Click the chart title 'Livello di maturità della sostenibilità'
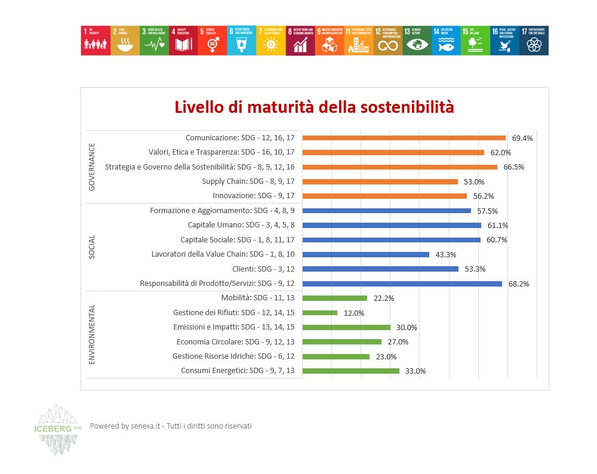click(314, 107)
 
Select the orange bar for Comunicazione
click(404, 138)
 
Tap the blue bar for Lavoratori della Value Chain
click(366, 254)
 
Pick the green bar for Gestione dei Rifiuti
click(320, 313)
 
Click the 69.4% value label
click(522, 138)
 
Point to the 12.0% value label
click(354, 313)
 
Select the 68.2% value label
click(519, 284)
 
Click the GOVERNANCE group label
click(92, 167)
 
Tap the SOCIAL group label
click(92, 247)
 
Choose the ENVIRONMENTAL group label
click(92, 334)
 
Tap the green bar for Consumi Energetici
click(351, 371)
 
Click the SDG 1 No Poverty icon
click(96, 41)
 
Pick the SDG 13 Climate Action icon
click(417, 41)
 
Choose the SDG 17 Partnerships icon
click(534, 41)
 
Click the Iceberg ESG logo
click(59, 429)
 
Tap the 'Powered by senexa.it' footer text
click(171, 426)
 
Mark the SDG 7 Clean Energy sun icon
click(270, 43)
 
